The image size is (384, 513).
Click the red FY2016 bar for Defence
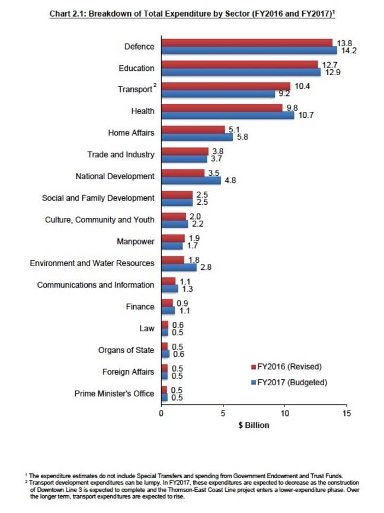(247, 43)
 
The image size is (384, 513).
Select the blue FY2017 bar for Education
(241, 72)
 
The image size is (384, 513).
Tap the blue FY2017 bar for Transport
(218, 93)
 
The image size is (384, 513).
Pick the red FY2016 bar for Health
(222, 108)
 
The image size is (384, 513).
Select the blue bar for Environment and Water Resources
(178, 267)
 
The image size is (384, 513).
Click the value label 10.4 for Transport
(302, 86)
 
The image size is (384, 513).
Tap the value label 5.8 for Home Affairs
(242, 137)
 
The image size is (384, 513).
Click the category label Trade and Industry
(120, 155)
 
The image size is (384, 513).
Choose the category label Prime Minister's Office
(114, 393)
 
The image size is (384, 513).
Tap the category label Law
(146, 328)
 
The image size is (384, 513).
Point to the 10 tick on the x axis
(284, 413)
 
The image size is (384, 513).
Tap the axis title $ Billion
(253, 425)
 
